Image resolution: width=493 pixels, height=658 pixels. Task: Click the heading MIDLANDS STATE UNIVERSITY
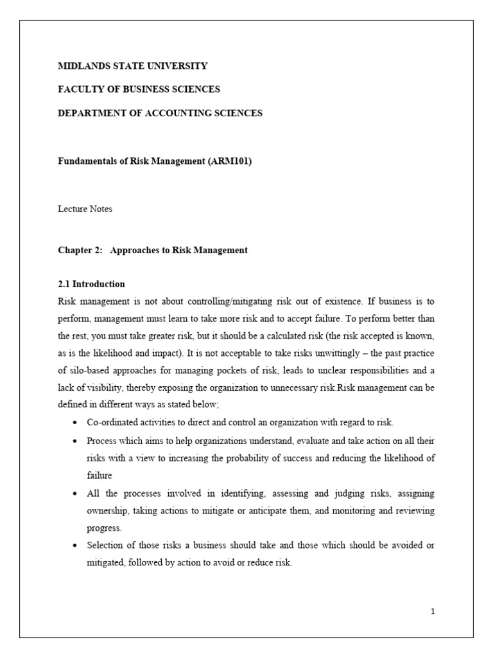(133, 66)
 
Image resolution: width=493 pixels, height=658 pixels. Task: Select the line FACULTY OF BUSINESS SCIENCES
(139, 89)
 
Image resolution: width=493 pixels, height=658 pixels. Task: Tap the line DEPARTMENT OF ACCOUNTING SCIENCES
(160, 113)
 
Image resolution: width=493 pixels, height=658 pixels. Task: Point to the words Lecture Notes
(85, 209)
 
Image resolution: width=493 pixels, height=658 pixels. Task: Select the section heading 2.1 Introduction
(92, 284)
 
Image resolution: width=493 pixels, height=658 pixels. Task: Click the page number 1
(433, 611)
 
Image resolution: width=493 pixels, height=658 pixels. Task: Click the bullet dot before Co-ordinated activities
(76, 423)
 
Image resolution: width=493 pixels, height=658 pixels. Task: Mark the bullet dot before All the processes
(76, 494)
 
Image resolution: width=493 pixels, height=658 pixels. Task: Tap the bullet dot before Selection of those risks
(76, 546)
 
